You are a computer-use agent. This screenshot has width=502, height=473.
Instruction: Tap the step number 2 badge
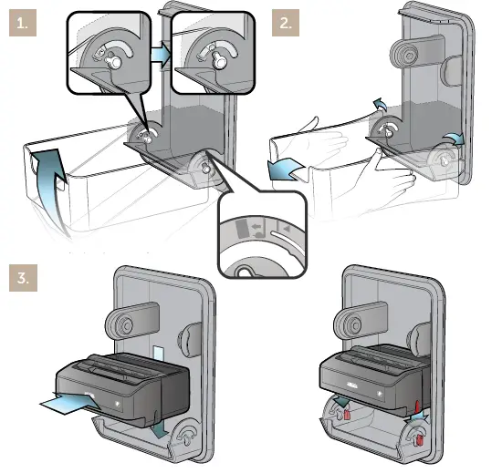286,24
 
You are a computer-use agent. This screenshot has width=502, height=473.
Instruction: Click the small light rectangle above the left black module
157,352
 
